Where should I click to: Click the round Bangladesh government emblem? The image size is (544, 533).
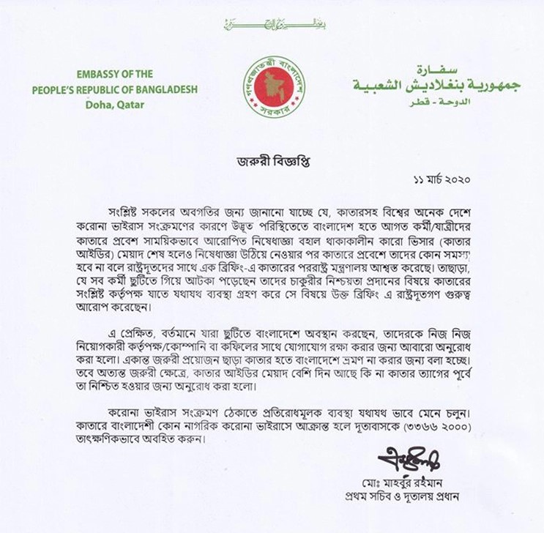click(274, 86)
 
